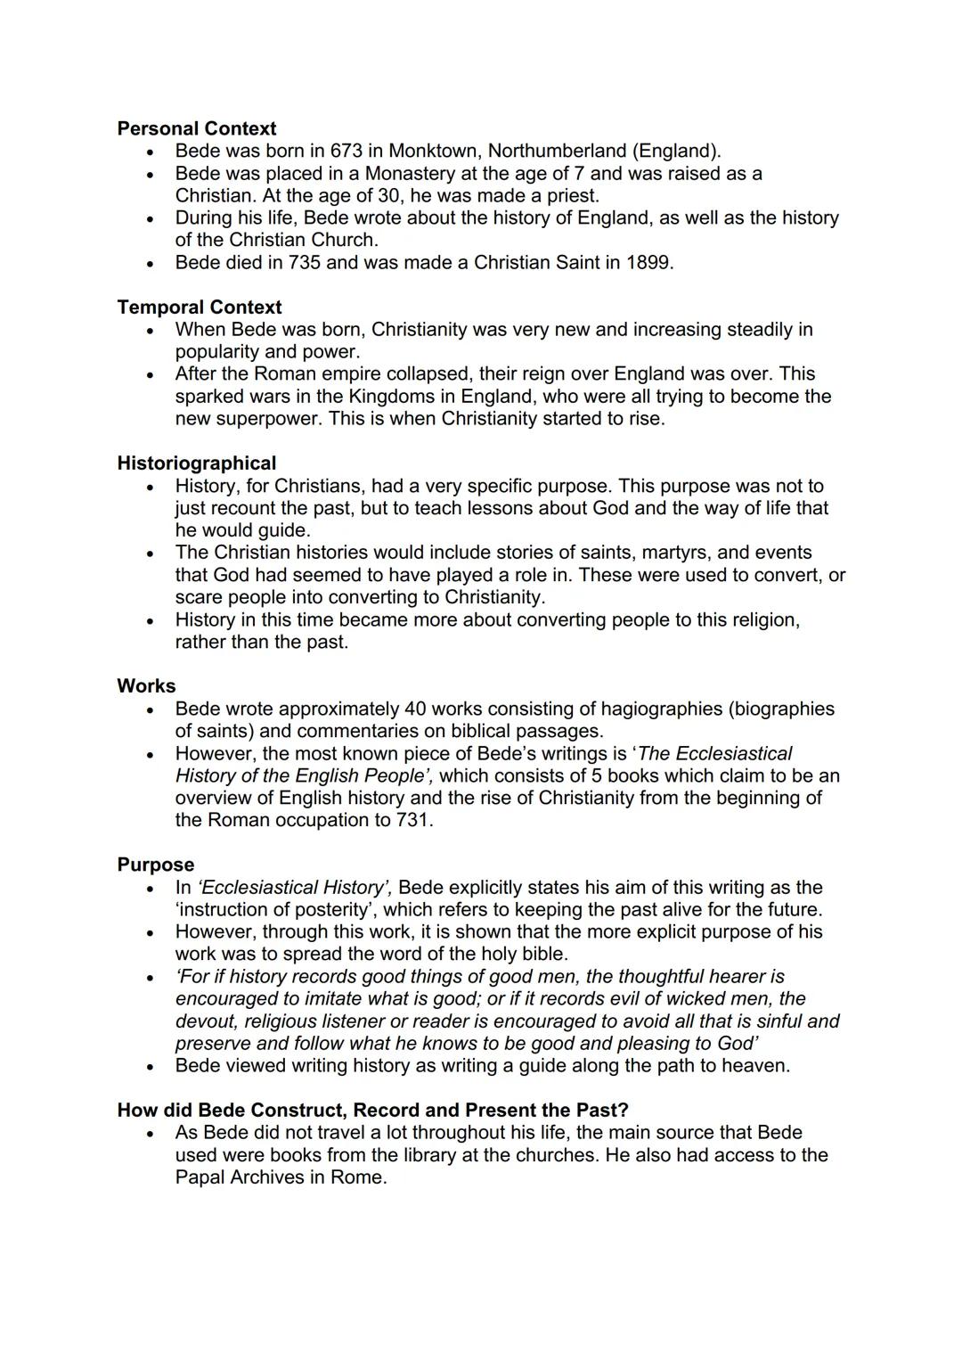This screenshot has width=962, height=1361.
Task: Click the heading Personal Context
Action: [196, 128]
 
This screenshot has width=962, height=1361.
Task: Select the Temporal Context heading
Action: [199, 307]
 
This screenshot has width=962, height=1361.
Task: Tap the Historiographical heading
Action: [196, 463]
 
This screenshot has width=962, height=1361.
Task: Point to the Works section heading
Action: [146, 685]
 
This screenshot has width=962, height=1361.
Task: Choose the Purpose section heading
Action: [155, 865]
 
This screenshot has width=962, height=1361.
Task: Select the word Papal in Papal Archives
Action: [201, 1177]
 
